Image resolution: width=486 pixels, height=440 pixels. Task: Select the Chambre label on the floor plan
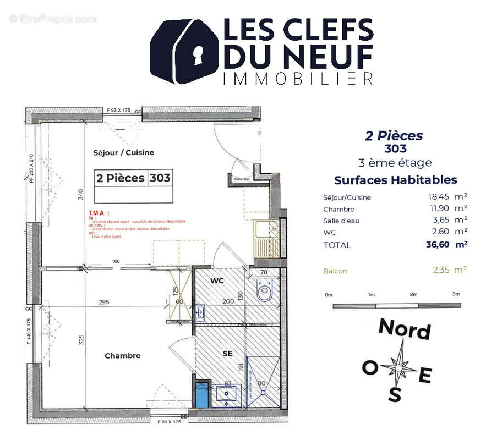click(122, 356)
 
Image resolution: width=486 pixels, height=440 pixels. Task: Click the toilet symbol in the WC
click(265, 289)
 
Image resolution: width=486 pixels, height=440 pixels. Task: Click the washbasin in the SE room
click(227, 394)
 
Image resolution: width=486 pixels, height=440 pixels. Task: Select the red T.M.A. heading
click(99, 212)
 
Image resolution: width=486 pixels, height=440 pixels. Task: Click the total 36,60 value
click(439, 245)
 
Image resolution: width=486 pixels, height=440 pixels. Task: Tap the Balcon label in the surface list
click(335, 271)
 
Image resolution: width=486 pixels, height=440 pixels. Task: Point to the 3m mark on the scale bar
click(456, 295)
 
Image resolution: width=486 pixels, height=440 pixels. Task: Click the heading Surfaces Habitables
click(395, 180)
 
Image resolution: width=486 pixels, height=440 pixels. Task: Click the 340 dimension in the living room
click(81, 194)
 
